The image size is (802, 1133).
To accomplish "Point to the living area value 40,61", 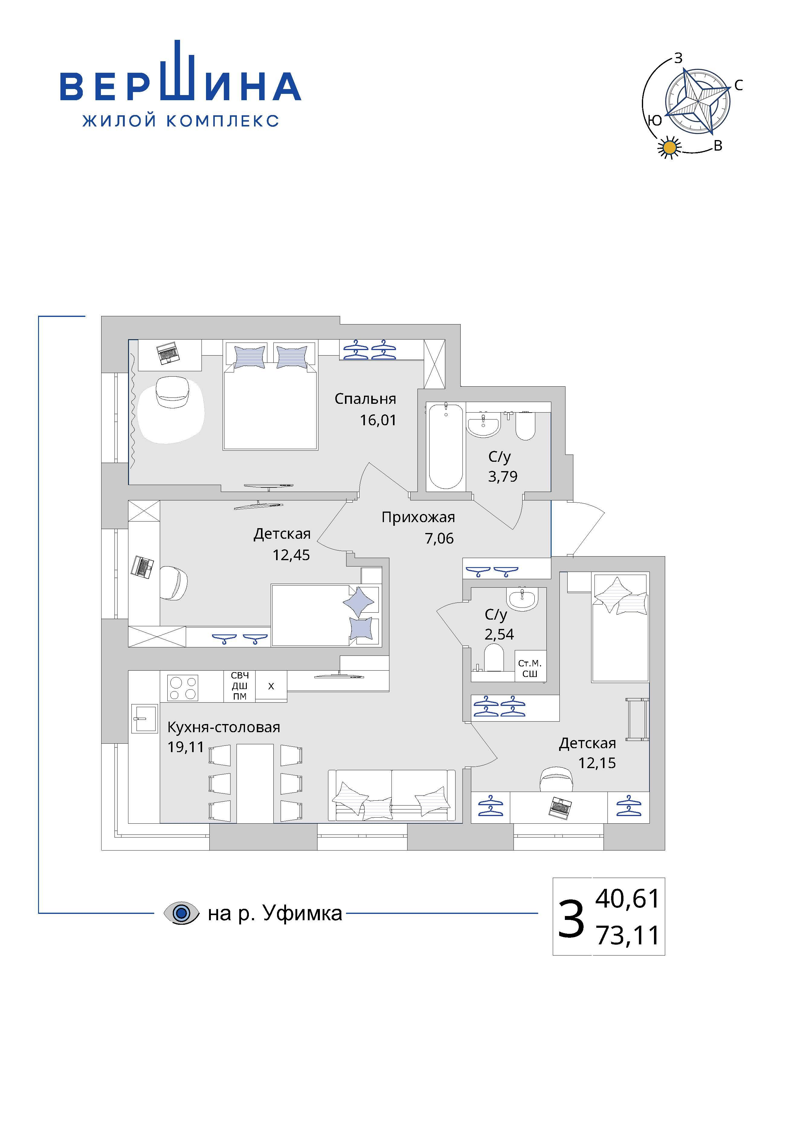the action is pyautogui.click(x=627, y=898).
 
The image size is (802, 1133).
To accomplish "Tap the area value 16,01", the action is pyautogui.click(x=378, y=420).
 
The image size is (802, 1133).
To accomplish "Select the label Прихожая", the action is pyautogui.click(x=418, y=518).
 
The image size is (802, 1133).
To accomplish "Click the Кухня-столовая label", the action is pyautogui.click(x=224, y=727).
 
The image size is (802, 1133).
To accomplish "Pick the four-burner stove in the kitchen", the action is pyautogui.click(x=184, y=688).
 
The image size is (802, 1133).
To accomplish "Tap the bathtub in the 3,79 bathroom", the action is pyautogui.click(x=446, y=447).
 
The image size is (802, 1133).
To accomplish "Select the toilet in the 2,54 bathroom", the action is pyautogui.click(x=494, y=659).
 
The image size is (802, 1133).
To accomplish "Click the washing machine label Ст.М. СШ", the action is pyautogui.click(x=530, y=669).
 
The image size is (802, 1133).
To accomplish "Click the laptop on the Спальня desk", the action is pyautogui.click(x=167, y=353).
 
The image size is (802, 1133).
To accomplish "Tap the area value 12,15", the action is pyautogui.click(x=597, y=763).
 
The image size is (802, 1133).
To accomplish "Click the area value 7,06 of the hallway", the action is pyautogui.click(x=439, y=538).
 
